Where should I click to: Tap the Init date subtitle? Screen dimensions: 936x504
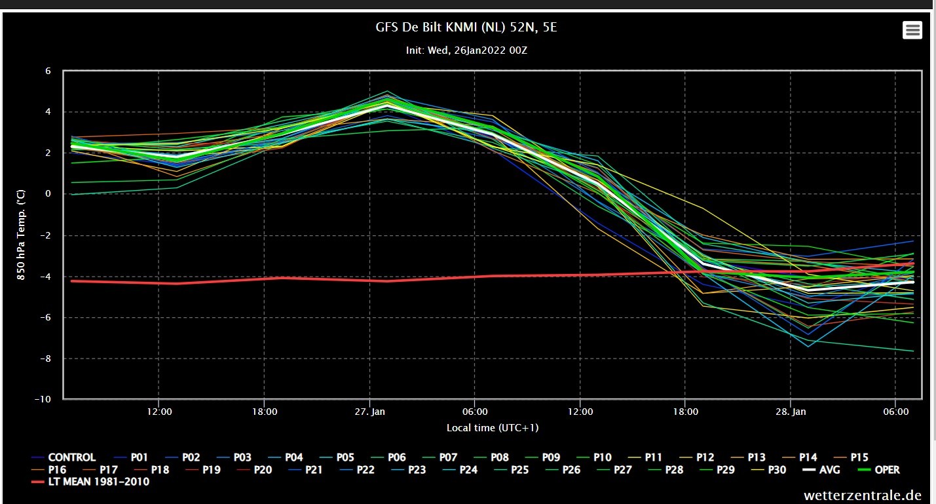tap(466, 50)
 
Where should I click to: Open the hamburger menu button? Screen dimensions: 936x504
tap(912, 30)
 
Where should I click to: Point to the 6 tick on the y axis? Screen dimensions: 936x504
tap(48, 71)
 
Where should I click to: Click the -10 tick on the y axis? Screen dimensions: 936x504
tap(43, 399)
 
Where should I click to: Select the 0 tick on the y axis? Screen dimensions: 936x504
tap(48, 193)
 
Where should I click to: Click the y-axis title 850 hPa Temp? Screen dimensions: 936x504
tap(21, 235)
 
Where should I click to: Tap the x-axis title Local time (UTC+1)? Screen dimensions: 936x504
tap(493, 427)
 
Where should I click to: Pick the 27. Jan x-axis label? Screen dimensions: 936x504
tap(370, 412)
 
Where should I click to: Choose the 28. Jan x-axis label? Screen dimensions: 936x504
tap(791, 412)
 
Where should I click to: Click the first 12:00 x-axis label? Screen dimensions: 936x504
tap(159, 412)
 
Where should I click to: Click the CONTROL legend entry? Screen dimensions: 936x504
tap(64, 457)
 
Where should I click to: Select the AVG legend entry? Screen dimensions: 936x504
tap(821, 470)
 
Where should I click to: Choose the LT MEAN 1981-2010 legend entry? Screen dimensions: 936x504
tap(90, 482)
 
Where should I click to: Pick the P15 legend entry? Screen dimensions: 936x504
tap(851, 457)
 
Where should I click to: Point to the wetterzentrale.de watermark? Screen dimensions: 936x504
tap(863, 495)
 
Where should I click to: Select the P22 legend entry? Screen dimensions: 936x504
tap(357, 470)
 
